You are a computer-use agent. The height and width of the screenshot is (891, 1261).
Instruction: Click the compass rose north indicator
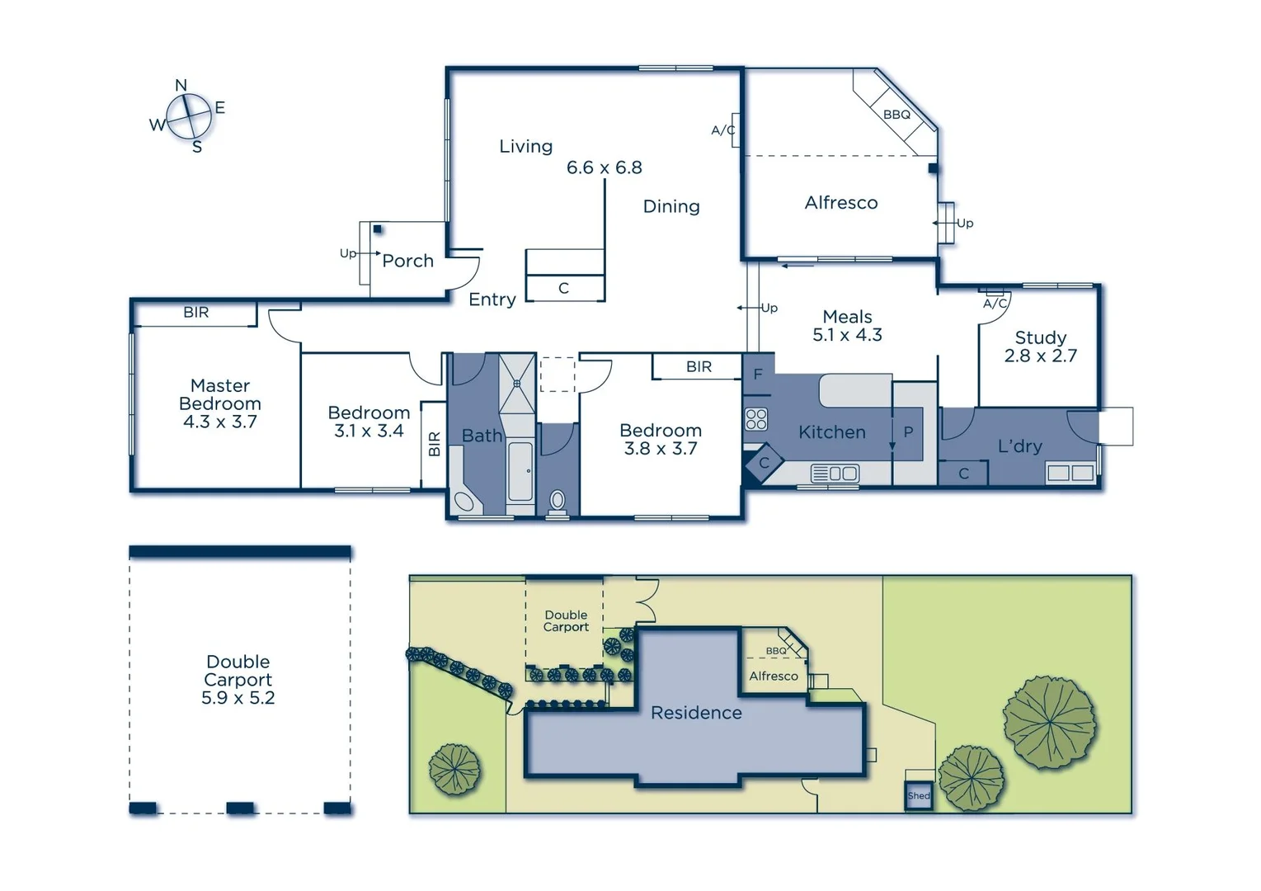(181, 86)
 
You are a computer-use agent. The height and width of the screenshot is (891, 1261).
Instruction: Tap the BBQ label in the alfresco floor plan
(896, 115)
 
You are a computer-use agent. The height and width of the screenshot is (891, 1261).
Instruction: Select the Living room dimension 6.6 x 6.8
(604, 167)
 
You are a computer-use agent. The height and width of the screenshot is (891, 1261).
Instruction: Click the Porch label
(407, 261)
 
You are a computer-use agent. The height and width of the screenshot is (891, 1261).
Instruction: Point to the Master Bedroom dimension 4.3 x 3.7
(219, 422)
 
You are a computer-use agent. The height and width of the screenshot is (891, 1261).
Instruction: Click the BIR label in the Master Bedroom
(196, 313)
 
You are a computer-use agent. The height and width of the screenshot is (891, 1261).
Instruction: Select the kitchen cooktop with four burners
(756, 419)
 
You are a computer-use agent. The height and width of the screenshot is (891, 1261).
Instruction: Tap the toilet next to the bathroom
(558, 500)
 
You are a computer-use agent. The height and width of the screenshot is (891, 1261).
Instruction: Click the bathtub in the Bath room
(520, 472)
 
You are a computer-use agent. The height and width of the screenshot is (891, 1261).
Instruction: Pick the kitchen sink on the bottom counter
(835, 474)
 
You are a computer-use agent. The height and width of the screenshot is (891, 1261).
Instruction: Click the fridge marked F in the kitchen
(758, 375)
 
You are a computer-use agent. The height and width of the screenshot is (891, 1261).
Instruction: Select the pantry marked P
(908, 432)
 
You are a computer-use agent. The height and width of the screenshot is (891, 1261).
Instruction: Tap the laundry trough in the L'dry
(1070, 474)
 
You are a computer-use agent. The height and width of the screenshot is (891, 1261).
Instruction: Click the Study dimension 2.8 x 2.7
(1040, 356)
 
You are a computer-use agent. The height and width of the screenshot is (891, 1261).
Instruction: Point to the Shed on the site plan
(919, 796)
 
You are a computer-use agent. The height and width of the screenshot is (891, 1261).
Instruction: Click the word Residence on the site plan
(696, 713)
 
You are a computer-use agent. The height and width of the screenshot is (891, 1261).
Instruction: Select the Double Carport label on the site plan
(566, 621)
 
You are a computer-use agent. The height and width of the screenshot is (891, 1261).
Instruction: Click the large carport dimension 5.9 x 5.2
(238, 698)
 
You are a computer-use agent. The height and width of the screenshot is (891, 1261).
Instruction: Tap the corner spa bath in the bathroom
(463, 502)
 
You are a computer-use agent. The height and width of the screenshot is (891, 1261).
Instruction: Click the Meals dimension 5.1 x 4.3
(847, 335)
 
